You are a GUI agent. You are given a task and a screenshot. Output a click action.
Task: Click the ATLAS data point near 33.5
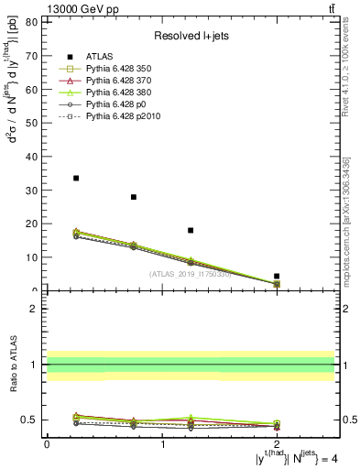76,178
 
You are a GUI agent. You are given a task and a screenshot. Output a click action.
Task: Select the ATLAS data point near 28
134,197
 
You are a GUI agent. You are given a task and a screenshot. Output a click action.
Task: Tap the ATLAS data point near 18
191,230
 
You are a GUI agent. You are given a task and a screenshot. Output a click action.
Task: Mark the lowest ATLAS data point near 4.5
277,276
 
